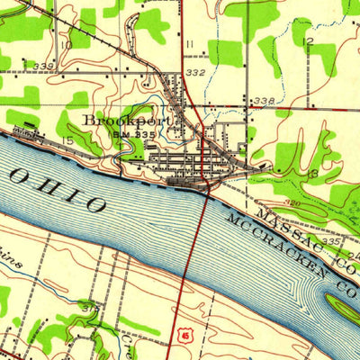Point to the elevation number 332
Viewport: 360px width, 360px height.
[x=196, y=71]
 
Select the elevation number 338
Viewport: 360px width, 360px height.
[x=263, y=100]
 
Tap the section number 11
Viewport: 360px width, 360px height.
[x=190, y=43]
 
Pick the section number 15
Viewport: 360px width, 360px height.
[x=67, y=140]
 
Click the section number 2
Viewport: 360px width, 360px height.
[x=309, y=41]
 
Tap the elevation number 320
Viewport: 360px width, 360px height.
[x=291, y=204]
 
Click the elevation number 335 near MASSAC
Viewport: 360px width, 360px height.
[x=331, y=242]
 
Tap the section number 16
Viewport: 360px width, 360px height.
[x=312, y=171]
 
